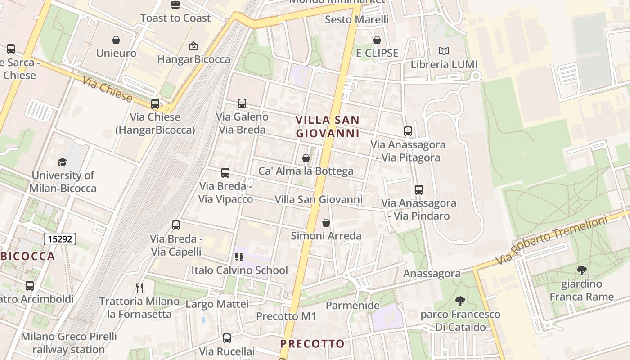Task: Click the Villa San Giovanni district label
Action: tap(328, 126)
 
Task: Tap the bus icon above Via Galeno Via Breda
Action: tap(242, 103)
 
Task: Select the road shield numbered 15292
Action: tap(60, 239)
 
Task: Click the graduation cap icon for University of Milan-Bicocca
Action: tap(63, 162)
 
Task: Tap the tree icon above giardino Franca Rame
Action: tap(581, 270)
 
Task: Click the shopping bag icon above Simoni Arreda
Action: tap(326, 223)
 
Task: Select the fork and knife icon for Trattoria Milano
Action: tap(139, 288)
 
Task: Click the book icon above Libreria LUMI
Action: tap(444, 51)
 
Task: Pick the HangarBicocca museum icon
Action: tap(193, 46)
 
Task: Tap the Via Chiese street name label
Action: tap(108, 90)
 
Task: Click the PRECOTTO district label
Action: tap(312, 344)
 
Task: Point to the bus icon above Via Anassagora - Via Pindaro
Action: tap(419, 190)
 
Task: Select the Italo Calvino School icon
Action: tap(239, 257)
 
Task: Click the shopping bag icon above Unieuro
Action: tap(116, 40)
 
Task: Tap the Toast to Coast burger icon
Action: tap(175, 5)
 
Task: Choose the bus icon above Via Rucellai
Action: tap(227, 338)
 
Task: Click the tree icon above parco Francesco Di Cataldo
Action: tap(460, 301)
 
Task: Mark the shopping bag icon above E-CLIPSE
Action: tap(377, 40)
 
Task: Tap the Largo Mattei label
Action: tap(217, 304)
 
